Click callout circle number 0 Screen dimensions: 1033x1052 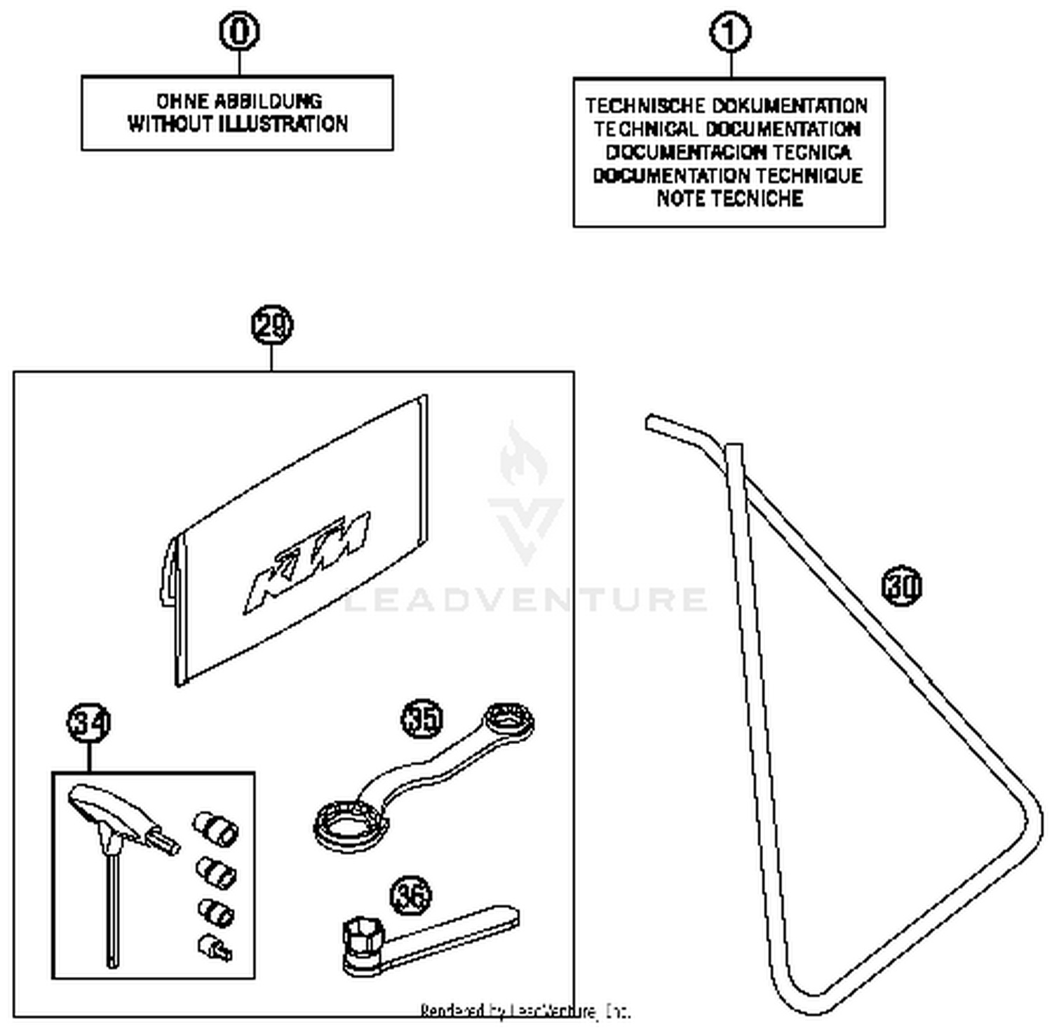tap(239, 32)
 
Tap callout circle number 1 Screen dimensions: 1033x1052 tap(730, 33)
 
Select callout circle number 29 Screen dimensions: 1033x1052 tap(271, 325)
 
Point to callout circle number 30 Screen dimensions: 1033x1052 tap(902, 586)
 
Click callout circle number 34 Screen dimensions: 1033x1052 tap(89, 722)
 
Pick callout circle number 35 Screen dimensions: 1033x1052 tap(422, 718)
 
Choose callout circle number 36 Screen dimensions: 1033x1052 tap(411, 896)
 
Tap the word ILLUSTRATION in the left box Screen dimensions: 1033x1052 tap(283, 124)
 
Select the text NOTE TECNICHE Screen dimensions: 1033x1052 tap(729, 198)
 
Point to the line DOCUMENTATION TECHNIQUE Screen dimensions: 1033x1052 tap(728, 175)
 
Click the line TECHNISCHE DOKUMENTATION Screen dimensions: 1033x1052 tap(727, 106)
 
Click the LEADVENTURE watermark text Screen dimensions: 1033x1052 tap(526, 600)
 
